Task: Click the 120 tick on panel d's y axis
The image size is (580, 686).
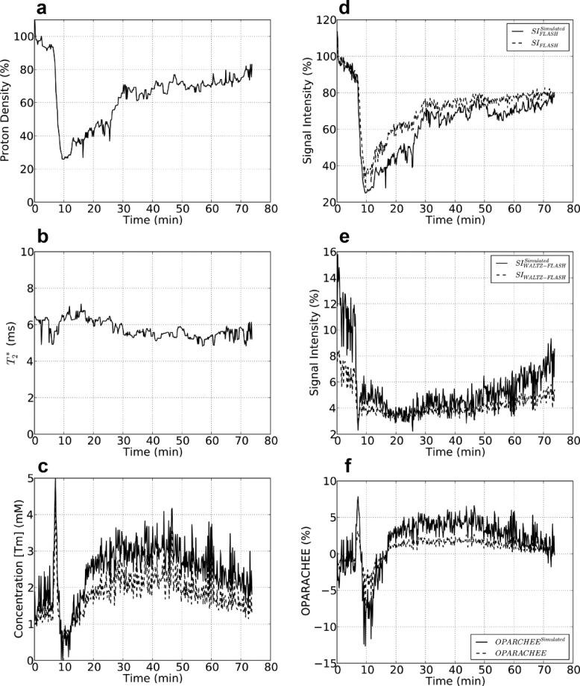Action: [324, 21]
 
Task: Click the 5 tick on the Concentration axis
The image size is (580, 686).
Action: [27, 478]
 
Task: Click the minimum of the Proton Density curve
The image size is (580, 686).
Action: [63, 159]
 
